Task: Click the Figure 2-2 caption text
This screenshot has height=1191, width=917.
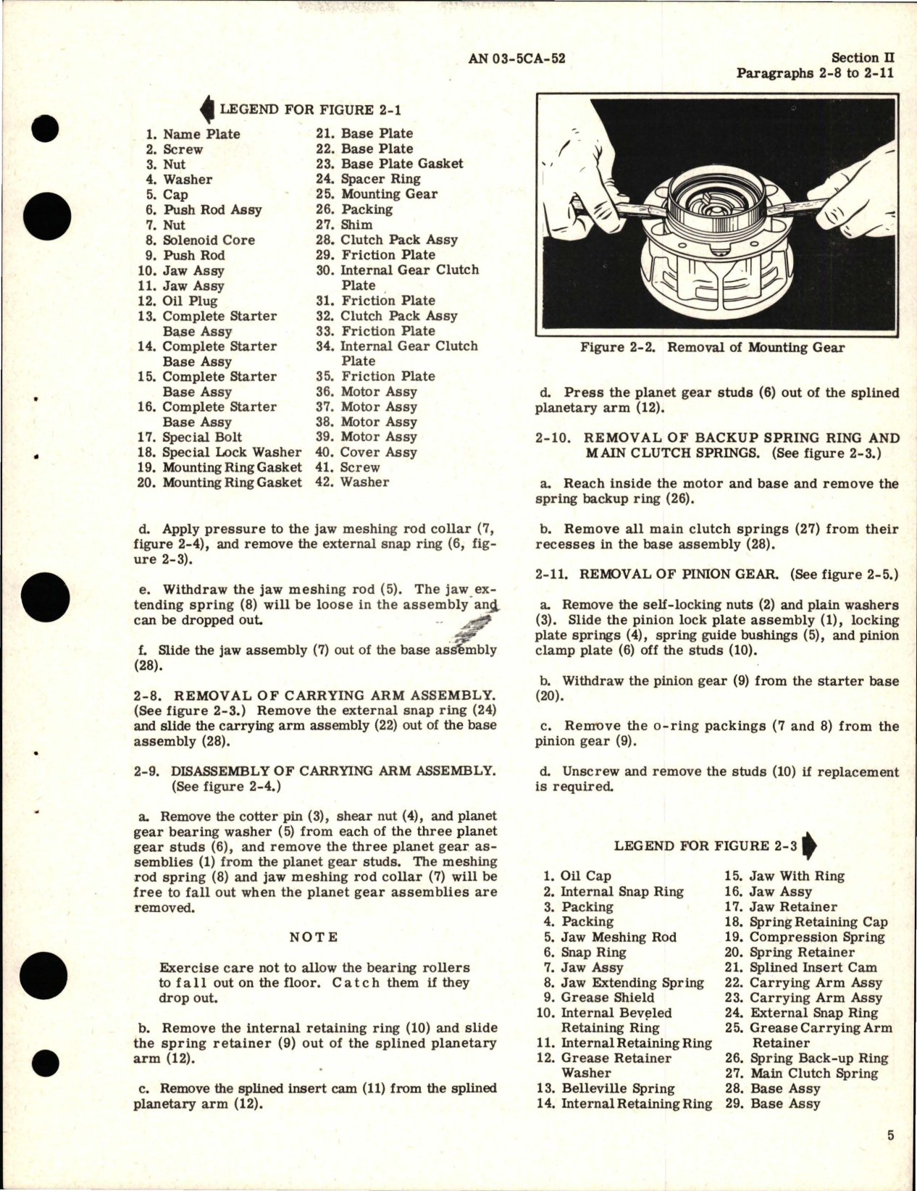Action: pos(712,347)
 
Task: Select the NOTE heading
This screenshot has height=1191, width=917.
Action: pos(314,937)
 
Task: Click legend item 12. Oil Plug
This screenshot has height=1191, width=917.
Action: pos(177,301)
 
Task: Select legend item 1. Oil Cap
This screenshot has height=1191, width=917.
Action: pos(577,877)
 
